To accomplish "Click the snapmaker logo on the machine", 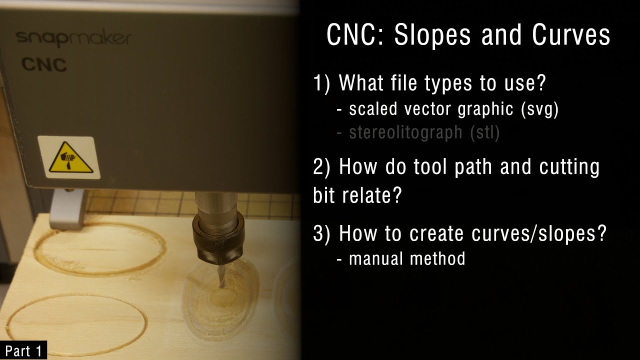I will (x=73, y=38).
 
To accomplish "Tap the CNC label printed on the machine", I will (x=44, y=64).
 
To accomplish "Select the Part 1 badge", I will (x=23, y=351).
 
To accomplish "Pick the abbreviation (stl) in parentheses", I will (x=484, y=132).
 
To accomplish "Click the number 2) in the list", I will (x=322, y=167).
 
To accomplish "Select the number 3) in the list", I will (x=322, y=233).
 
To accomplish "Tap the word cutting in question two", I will (x=569, y=167).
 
